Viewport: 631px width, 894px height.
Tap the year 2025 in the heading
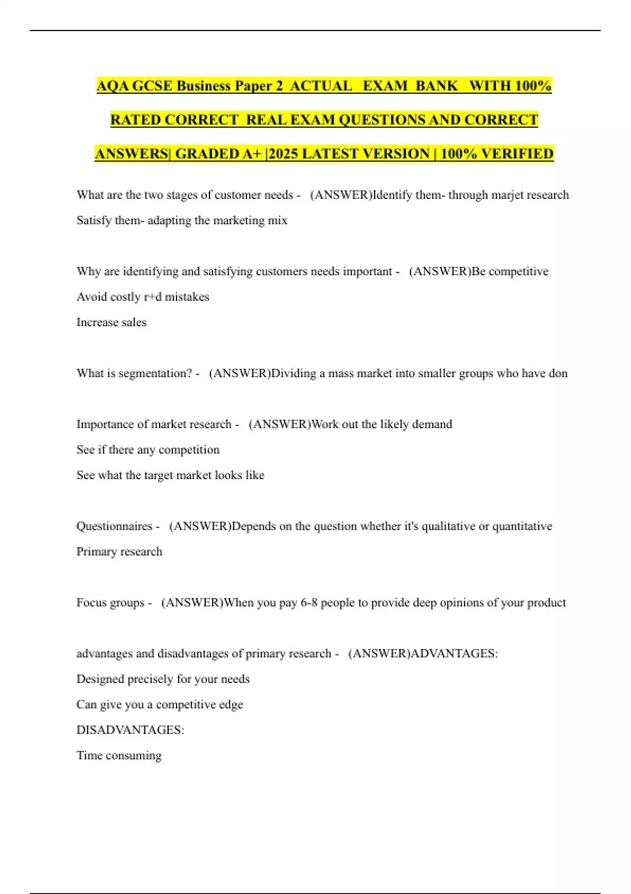pos(283,154)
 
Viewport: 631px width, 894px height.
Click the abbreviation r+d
pos(152,297)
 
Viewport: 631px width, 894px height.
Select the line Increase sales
pos(111,322)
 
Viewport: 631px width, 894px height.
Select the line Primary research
pos(119,552)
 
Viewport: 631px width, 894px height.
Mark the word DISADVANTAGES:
pos(130,730)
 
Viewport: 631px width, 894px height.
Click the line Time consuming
pos(119,756)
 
